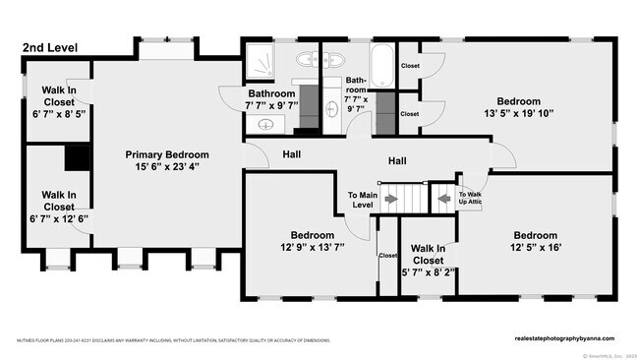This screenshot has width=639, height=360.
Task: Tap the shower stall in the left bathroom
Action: pyautogui.click(x=261, y=61)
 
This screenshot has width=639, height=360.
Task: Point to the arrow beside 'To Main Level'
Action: pyautogui.click(x=391, y=199)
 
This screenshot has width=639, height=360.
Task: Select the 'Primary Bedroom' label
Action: pyautogui.click(x=167, y=154)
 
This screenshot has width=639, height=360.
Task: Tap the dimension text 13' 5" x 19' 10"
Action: pyautogui.click(x=518, y=113)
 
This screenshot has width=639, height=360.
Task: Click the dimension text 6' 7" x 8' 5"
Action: pyautogui.click(x=58, y=113)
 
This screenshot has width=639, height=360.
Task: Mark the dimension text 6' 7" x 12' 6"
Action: pyautogui.click(x=58, y=218)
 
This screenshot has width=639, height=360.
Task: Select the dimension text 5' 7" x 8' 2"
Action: pyautogui.click(x=427, y=272)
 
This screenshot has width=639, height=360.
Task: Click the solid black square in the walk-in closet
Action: pyautogui.click(x=76, y=157)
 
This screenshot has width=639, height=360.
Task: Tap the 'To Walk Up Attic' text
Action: pyautogui.click(x=470, y=198)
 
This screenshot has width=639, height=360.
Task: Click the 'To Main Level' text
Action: pyautogui.click(x=363, y=200)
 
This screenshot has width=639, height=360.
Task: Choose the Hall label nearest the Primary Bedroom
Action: pyautogui.click(x=292, y=154)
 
